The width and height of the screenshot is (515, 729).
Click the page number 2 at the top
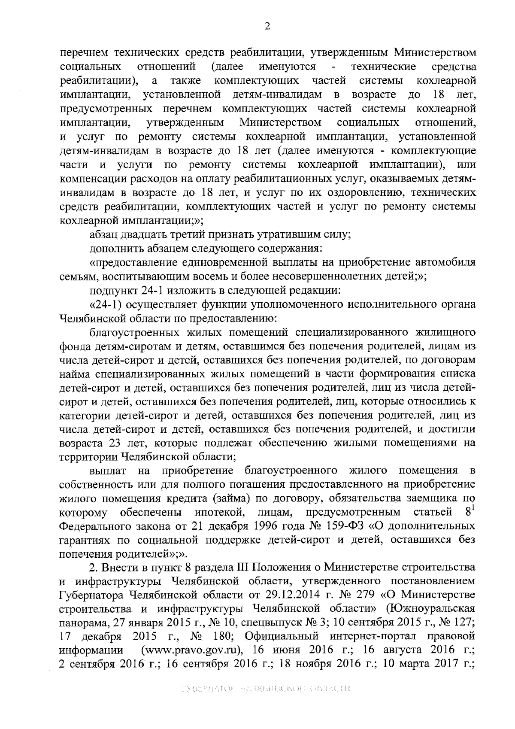(267, 27)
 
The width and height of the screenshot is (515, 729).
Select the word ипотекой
(220, 512)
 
